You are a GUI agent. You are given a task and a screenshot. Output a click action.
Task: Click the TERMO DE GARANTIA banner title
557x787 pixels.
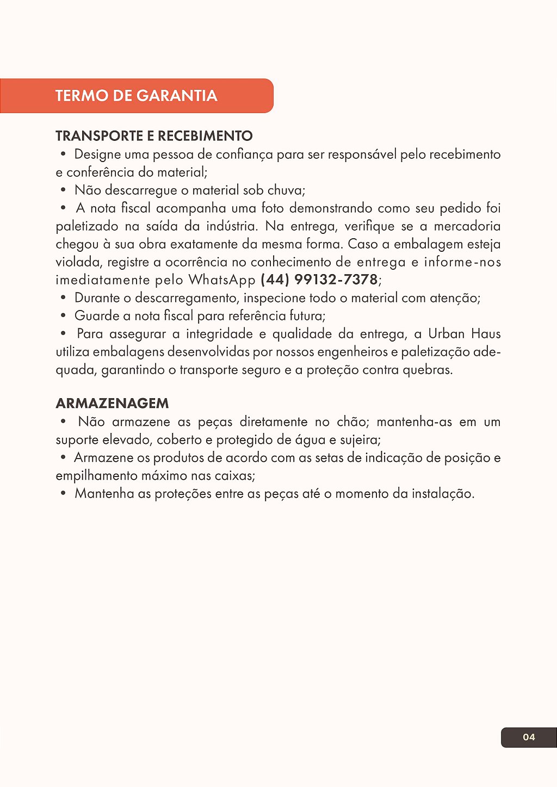point(136,96)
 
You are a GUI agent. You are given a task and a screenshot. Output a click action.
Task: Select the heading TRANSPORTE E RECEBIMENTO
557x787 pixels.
point(154,136)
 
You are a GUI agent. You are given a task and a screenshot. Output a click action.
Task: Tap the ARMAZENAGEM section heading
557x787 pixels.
point(112,404)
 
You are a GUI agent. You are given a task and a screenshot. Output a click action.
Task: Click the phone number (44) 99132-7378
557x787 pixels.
point(319,280)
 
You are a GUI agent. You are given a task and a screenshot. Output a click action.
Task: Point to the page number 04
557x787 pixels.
point(529,737)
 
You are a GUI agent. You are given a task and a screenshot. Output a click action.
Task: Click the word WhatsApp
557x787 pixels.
point(221,280)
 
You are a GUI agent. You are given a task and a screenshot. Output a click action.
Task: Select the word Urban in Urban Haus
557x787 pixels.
point(446,333)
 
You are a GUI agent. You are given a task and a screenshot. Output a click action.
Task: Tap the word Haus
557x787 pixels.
point(486,333)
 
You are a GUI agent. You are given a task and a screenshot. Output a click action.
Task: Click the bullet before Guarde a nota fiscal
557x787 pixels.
point(64,315)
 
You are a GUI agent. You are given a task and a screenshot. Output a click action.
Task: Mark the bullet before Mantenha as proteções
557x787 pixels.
point(64,493)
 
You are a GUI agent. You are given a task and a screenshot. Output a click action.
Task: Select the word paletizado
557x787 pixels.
point(86,226)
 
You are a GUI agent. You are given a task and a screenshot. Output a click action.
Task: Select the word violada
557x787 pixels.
point(79,262)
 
